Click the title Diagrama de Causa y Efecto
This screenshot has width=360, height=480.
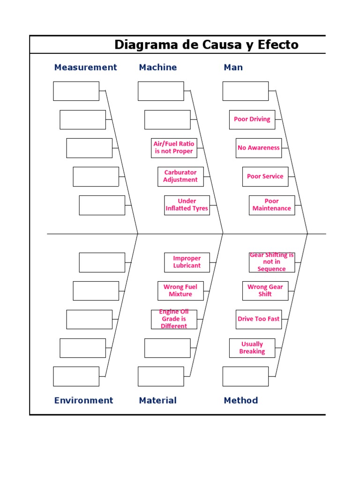[206, 45]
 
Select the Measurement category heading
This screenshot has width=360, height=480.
[85, 67]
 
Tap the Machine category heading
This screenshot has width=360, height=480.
[157, 67]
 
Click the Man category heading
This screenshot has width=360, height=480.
[233, 67]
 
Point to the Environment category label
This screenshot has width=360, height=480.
[83, 400]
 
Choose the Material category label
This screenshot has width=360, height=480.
[157, 400]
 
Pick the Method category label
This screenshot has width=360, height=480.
[240, 400]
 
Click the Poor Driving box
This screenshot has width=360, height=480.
[252, 120]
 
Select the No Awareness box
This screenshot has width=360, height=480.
[259, 148]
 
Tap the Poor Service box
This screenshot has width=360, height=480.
[265, 177]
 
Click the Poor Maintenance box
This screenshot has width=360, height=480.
[272, 205]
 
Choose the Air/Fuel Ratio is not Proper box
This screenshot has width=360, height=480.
[174, 148]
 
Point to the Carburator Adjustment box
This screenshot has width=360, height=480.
[180, 176]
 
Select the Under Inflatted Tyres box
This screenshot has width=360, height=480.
[187, 205]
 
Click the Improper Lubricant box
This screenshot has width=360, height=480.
[187, 262]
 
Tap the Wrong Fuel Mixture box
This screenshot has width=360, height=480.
[180, 291]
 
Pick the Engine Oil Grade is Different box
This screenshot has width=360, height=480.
[174, 319]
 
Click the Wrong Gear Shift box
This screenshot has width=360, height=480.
[265, 291]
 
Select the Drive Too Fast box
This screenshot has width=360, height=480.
[259, 319]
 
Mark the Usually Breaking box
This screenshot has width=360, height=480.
[252, 348]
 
